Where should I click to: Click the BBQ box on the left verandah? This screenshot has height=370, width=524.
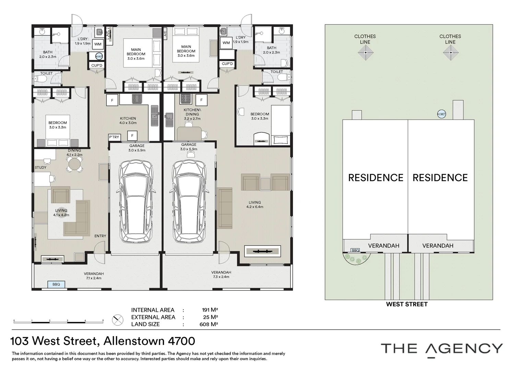click(56, 284)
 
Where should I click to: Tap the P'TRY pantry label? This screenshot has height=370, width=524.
click(114, 137)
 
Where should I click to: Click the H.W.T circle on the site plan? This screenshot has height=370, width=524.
click(441, 114)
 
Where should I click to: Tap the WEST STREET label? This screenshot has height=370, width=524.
click(407, 304)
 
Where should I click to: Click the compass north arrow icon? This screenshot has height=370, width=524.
click(118, 320)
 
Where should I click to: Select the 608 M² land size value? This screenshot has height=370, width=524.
click(209, 324)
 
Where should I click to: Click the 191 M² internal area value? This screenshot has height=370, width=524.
click(210, 310)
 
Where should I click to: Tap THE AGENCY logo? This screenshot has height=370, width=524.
click(442, 349)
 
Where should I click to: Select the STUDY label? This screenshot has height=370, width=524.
click(40, 168)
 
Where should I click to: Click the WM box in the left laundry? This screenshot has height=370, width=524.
click(98, 44)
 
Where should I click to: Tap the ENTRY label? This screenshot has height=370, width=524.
click(100, 236)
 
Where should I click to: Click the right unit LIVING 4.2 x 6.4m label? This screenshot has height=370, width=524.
click(254, 205)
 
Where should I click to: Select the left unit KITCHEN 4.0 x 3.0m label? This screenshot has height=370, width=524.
click(128, 121)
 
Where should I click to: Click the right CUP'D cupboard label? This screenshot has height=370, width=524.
click(227, 64)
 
